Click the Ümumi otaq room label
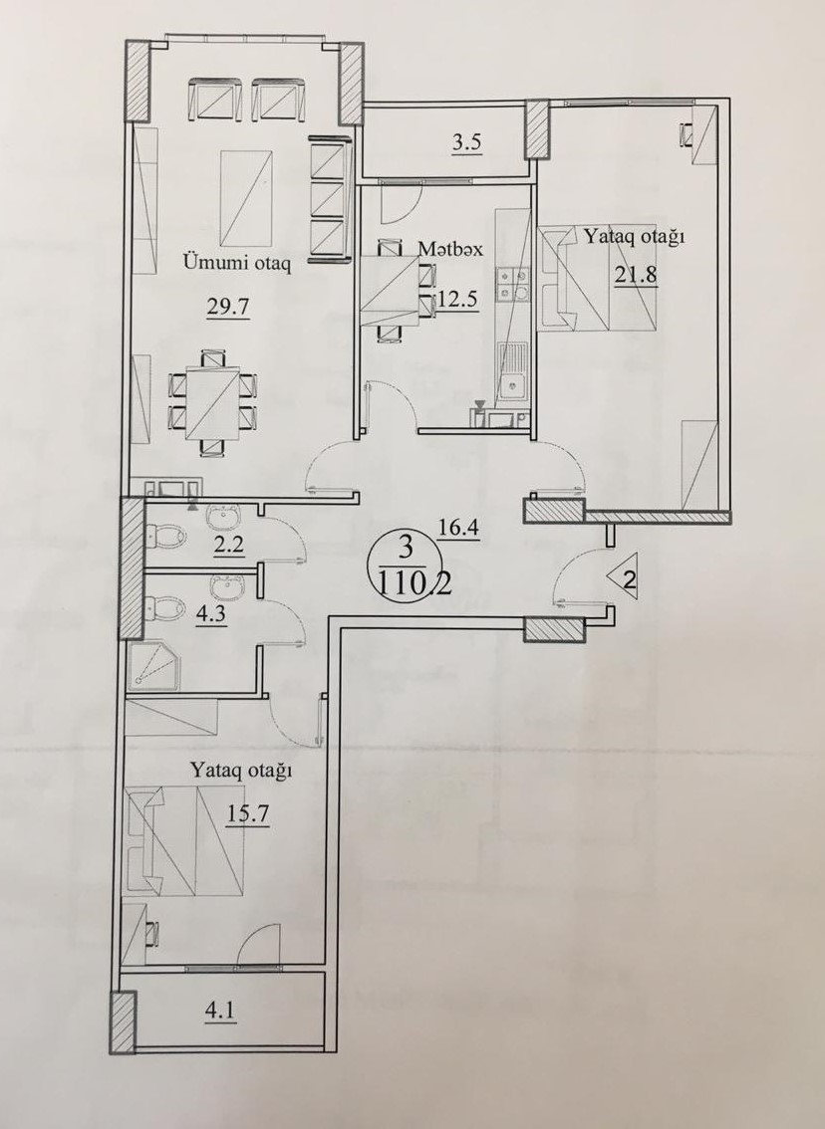click(237, 264)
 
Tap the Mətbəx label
click(449, 249)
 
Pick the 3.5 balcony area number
click(466, 142)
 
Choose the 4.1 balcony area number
click(220, 1013)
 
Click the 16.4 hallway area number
click(459, 529)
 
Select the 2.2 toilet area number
click(230, 545)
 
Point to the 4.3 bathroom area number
click(213, 617)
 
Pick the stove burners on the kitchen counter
click(513, 284)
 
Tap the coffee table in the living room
click(246, 197)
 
